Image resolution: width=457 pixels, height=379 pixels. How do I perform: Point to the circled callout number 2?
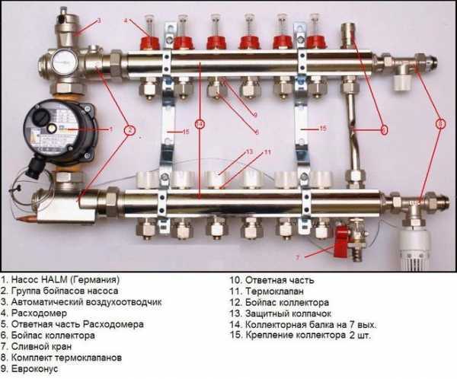pos(130,130)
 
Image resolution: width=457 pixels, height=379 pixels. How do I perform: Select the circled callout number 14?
pos(200,124)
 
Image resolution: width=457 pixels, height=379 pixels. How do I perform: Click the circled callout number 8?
pos(440,124)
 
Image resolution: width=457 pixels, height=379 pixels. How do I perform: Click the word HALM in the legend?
pos(55,279)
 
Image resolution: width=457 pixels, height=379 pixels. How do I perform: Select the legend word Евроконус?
pos(35,369)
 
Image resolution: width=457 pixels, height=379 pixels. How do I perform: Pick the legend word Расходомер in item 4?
pos(39,313)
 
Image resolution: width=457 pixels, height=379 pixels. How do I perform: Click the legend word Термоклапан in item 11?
pos(274,291)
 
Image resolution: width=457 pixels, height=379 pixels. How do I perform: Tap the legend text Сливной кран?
pos(41,347)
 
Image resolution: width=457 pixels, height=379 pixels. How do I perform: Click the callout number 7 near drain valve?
pos(298,257)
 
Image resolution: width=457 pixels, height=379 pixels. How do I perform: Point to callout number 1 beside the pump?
pos(110,129)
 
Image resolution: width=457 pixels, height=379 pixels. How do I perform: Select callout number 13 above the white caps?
pos(249,151)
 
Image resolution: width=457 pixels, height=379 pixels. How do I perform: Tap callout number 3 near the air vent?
pos(99,21)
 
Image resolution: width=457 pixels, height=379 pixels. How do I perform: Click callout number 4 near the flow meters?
pos(126,21)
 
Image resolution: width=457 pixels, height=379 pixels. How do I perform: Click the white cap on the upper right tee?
pos(401,83)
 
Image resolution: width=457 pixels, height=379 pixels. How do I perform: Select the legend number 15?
pos(235,336)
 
